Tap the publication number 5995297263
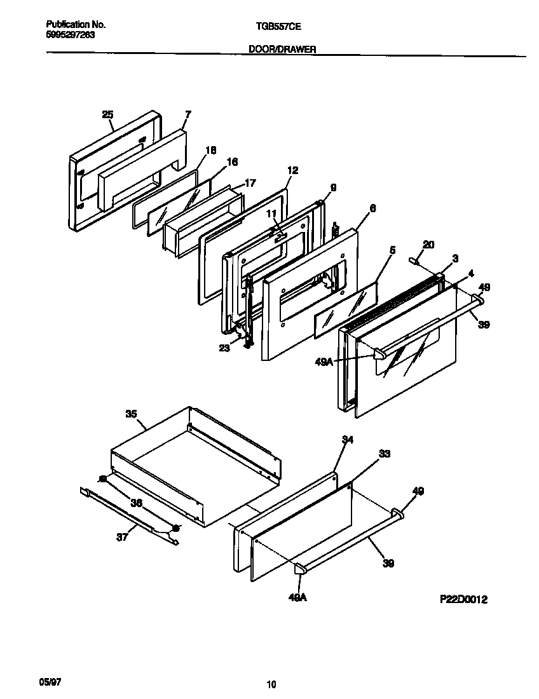[71, 35]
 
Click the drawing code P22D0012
[463, 599]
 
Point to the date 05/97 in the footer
[50, 681]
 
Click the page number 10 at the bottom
[271, 684]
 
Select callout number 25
[107, 114]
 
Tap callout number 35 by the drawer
[131, 414]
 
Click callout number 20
[428, 244]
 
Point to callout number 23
[224, 348]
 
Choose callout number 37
[122, 536]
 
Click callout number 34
[347, 440]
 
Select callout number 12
[292, 170]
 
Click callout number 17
[250, 183]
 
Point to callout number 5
[392, 250]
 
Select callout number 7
[188, 114]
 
